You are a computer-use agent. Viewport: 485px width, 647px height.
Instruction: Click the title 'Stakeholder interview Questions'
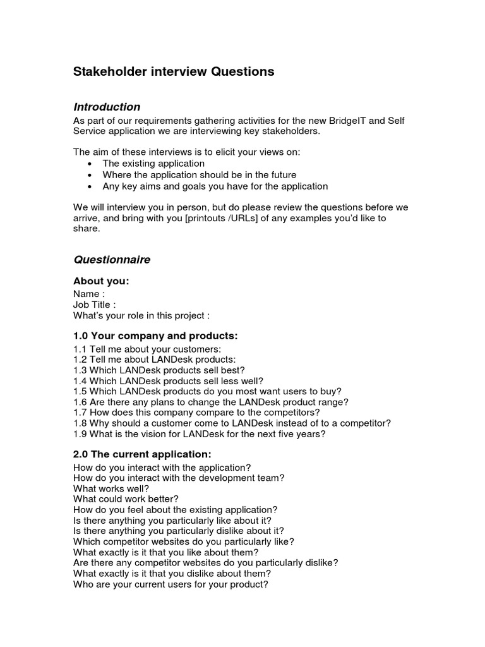coord(174,72)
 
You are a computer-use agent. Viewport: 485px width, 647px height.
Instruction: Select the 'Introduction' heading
coord(107,107)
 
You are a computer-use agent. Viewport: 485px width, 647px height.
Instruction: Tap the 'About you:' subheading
coord(101,281)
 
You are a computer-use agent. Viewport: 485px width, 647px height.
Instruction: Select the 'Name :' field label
coord(89,294)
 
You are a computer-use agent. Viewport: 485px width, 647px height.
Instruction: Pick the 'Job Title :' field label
coord(95,305)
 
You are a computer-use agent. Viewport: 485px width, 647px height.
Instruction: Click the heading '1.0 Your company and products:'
coord(155,336)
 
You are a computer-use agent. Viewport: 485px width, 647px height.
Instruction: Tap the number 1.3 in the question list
coord(80,370)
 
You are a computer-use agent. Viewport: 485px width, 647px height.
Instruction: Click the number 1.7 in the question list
coord(80,413)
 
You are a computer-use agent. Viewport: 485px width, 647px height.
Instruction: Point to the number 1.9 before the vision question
coord(80,434)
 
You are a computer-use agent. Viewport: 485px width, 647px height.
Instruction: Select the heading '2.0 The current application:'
coord(142,454)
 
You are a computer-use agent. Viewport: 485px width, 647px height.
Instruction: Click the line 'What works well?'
coord(111,488)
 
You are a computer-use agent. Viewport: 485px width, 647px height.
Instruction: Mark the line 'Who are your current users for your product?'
coord(171,584)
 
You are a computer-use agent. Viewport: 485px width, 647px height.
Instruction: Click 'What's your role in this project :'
coord(141,315)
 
